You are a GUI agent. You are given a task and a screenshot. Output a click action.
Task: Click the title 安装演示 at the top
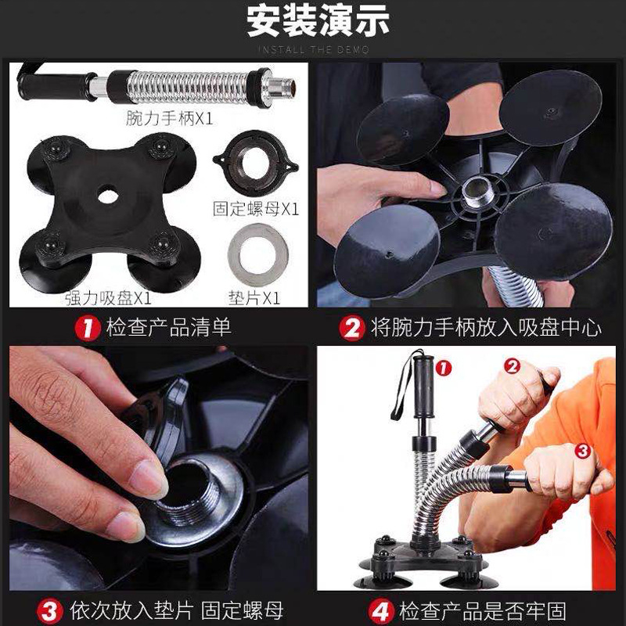tap(313, 22)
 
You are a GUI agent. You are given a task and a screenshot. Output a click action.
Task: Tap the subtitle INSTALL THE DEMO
tap(313, 50)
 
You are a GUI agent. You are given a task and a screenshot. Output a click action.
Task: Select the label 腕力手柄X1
tap(169, 119)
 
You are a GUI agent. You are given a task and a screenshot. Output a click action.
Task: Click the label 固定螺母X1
tap(257, 209)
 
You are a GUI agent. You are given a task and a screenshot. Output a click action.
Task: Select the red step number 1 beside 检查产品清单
tap(88, 327)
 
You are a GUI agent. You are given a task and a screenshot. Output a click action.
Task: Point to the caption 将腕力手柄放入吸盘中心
tap(485, 327)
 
